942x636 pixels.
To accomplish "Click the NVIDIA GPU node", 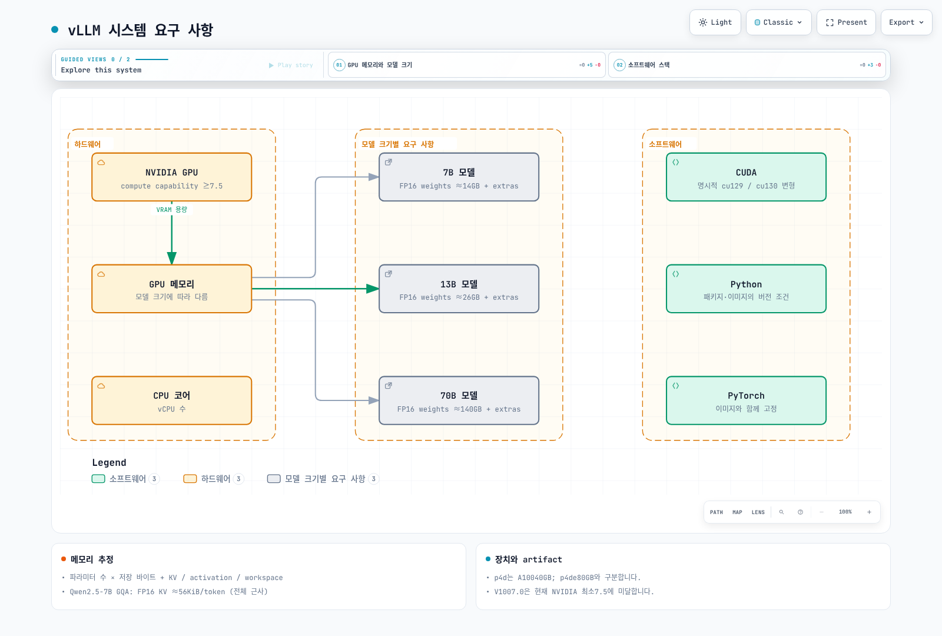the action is click(x=171, y=177).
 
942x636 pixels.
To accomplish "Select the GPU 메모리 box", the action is click(x=171, y=289).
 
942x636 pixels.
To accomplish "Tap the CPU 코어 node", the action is click(x=171, y=400).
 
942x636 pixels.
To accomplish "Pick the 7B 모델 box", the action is click(x=459, y=177).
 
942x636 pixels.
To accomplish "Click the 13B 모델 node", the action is click(x=459, y=289).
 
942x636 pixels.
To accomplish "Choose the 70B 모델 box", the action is click(x=459, y=400).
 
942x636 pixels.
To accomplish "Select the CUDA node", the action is click(x=746, y=177).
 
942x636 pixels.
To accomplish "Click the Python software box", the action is click(x=746, y=289).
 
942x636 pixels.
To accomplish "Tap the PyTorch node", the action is click(x=746, y=400).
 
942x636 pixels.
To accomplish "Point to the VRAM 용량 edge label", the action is click(x=171, y=210).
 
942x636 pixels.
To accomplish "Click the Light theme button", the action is click(x=715, y=22).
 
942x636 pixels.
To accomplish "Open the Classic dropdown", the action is click(x=778, y=22).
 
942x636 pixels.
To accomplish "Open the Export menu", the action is click(x=906, y=22).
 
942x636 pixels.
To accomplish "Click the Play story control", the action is click(x=291, y=65).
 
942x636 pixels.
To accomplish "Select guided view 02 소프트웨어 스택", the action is click(x=747, y=65).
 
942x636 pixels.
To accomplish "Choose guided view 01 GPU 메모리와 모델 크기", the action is click(x=466, y=65).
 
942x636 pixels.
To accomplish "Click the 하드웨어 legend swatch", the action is click(x=190, y=479).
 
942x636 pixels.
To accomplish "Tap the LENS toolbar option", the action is click(x=758, y=512).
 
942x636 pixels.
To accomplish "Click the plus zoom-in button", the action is click(x=869, y=512).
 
